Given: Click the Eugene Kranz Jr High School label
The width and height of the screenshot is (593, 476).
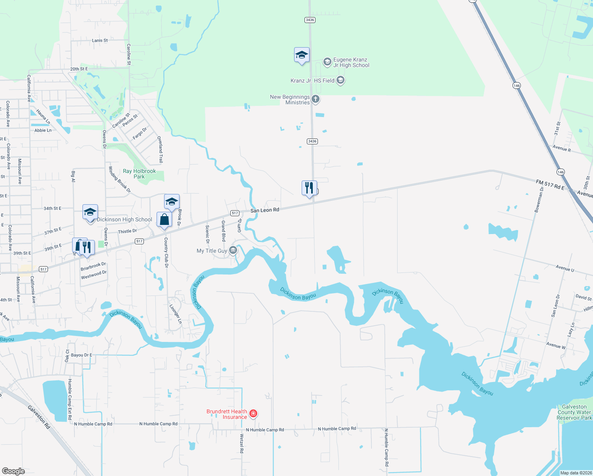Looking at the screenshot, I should (351, 63).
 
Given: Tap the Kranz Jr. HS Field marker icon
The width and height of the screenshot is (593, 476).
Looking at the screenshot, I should (340, 81).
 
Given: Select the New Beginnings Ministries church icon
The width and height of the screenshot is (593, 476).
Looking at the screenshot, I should (316, 99).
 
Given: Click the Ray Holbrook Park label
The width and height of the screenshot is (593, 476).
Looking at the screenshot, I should (139, 174).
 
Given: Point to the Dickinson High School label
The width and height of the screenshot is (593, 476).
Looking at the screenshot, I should (124, 219).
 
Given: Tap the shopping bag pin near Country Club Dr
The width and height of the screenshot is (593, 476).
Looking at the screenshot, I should (164, 220).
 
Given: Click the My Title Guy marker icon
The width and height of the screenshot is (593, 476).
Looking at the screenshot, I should (233, 250).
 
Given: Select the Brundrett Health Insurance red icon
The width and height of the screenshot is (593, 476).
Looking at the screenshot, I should (253, 414).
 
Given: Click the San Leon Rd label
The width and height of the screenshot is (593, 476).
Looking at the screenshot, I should (265, 210).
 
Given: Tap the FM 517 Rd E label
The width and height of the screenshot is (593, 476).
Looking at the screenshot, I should (550, 184).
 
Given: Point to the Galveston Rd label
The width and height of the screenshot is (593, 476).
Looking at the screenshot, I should (39, 417).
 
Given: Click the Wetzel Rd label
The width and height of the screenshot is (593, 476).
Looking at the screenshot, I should (242, 443).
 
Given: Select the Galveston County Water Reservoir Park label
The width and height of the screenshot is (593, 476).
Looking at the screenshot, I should (574, 412).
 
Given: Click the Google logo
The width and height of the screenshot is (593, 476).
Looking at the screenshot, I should (13, 471).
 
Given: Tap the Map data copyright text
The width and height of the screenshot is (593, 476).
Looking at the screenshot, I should (576, 473).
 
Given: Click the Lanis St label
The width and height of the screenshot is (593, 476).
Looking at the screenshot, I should (100, 40).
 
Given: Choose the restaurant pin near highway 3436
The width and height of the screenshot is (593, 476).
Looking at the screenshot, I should (309, 188).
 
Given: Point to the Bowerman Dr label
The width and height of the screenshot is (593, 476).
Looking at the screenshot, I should (539, 200).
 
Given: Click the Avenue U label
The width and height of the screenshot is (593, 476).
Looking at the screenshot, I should (564, 268).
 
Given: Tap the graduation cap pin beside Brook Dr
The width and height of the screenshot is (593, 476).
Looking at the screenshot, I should (172, 202).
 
